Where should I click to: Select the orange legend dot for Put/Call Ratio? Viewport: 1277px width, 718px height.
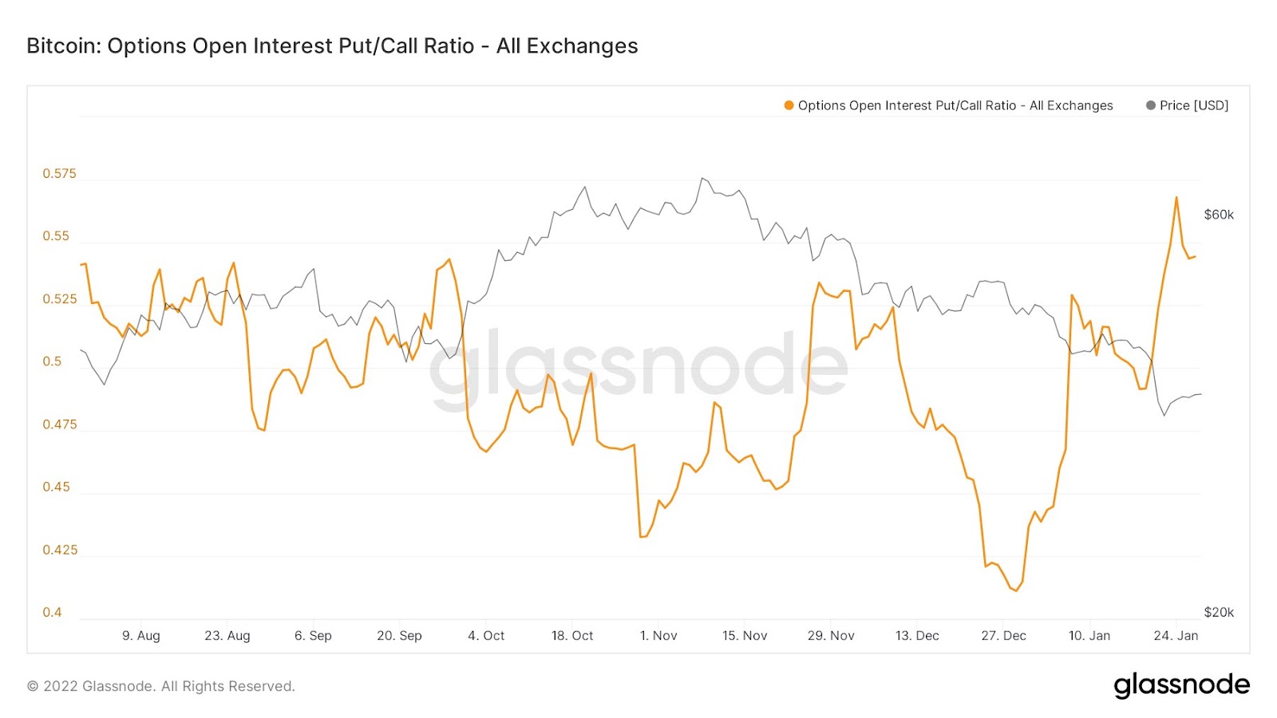point(789,105)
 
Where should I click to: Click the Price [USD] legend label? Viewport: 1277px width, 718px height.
point(1193,105)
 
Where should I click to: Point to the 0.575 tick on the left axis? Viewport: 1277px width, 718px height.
point(60,174)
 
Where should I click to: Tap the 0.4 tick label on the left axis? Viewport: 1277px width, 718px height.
point(52,613)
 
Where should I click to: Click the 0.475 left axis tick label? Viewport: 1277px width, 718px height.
point(60,424)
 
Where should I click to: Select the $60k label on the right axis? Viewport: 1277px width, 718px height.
point(1219,215)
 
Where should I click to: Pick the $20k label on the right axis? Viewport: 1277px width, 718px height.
point(1219,613)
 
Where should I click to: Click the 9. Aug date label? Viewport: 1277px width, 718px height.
point(141,636)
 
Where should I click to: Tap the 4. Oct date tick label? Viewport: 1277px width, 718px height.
point(486,636)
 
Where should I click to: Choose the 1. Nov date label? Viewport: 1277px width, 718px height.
point(658,636)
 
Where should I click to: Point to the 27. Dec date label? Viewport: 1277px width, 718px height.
point(1003,636)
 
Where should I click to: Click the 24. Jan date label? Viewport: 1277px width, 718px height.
point(1176,636)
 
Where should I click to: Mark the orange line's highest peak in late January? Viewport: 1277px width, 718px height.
point(1176,197)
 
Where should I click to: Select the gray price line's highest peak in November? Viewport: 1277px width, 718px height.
point(702,178)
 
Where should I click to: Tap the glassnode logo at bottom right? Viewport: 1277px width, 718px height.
point(1181,685)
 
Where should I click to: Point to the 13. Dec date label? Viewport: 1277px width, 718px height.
point(917,636)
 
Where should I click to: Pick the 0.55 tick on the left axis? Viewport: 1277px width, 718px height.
point(56,236)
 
